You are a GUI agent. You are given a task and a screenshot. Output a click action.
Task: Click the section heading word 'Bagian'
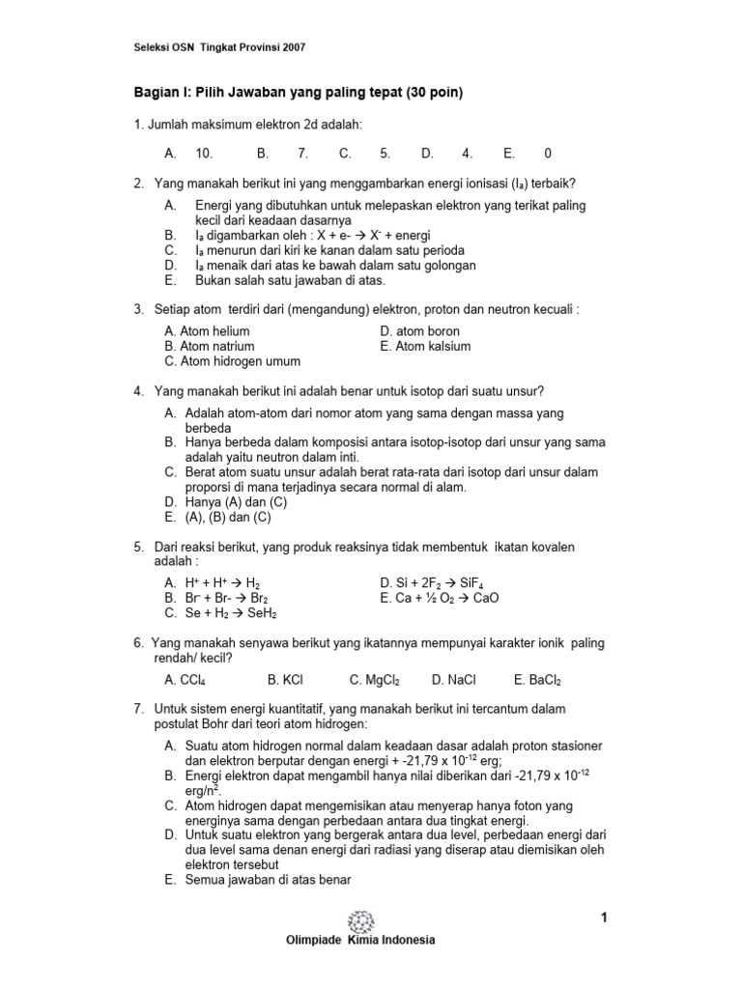[156, 93]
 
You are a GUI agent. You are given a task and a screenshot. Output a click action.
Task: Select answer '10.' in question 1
[204, 153]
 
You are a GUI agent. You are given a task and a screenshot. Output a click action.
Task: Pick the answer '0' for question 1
[549, 153]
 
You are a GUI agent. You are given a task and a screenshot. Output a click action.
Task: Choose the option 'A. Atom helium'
[207, 331]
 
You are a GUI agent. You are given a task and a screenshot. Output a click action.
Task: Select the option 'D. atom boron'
[420, 331]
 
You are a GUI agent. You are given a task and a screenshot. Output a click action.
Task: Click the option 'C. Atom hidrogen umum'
[233, 361]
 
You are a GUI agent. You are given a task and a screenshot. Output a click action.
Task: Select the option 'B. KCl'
[286, 679]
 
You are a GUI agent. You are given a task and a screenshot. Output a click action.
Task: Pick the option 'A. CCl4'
[186, 679]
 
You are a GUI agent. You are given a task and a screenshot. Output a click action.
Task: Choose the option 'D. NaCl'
[454, 679]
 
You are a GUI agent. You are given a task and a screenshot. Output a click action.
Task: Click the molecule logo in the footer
[360, 919]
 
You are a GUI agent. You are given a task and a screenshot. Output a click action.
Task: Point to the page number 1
[604, 918]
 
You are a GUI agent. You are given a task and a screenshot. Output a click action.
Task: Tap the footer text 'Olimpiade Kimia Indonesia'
[360, 940]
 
